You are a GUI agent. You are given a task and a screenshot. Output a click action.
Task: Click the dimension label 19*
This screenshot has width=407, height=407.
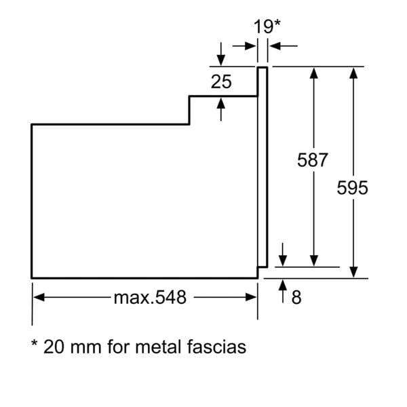pyautogui.click(x=267, y=27)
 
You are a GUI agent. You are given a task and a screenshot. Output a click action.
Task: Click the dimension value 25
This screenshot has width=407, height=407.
pyautogui.click(x=221, y=82)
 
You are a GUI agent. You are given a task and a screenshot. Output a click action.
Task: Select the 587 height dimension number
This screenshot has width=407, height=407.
pyautogui.click(x=313, y=160)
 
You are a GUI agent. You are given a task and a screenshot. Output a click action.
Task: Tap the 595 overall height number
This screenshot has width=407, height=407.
pyautogui.click(x=353, y=188)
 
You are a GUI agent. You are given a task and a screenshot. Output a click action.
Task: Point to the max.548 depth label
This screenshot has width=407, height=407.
pyautogui.click(x=150, y=297)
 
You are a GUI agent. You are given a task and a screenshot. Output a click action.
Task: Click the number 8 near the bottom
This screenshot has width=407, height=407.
pyautogui.click(x=296, y=297)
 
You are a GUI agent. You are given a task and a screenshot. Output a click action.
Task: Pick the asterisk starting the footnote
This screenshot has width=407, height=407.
pyautogui.click(x=34, y=345)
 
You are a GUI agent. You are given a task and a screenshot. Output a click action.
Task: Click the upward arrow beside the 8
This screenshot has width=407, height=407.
pyautogui.click(x=283, y=290)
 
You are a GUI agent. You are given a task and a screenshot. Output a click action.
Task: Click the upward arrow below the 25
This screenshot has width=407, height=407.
pyautogui.click(x=222, y=104)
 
